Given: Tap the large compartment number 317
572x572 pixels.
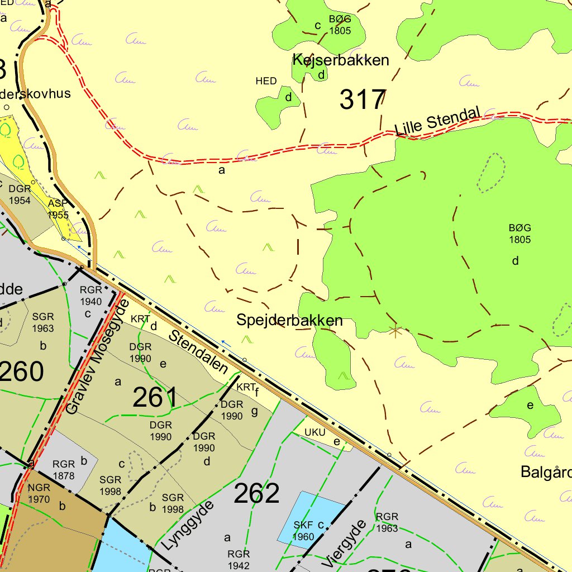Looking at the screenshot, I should click(363, 100).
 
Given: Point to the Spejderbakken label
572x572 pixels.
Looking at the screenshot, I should click(289, 321).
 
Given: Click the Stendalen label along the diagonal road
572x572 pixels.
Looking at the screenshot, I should click(199, 352).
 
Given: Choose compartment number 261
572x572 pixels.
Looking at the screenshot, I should click(155, 397).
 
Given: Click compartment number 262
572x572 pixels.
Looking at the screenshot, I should click(256, 493).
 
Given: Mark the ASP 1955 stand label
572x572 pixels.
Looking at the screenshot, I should click(58, 209).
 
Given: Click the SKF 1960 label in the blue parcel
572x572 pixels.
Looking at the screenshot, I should click(304, 531).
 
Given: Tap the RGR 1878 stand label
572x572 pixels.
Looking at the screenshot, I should click(63, 469).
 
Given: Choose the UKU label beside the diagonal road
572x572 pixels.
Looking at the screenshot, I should click(314, 432).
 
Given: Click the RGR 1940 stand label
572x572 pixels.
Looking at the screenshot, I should click(90, 295).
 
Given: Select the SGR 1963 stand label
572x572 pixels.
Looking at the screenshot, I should click(43, 323).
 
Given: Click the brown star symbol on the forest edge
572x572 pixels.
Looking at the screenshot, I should click(395, 331).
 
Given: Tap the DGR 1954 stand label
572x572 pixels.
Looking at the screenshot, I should click(20, 194).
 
